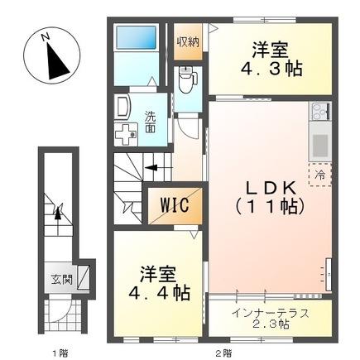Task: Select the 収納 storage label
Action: (187, 41)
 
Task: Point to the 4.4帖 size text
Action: (158, 292)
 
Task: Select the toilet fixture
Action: (186, 80)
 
